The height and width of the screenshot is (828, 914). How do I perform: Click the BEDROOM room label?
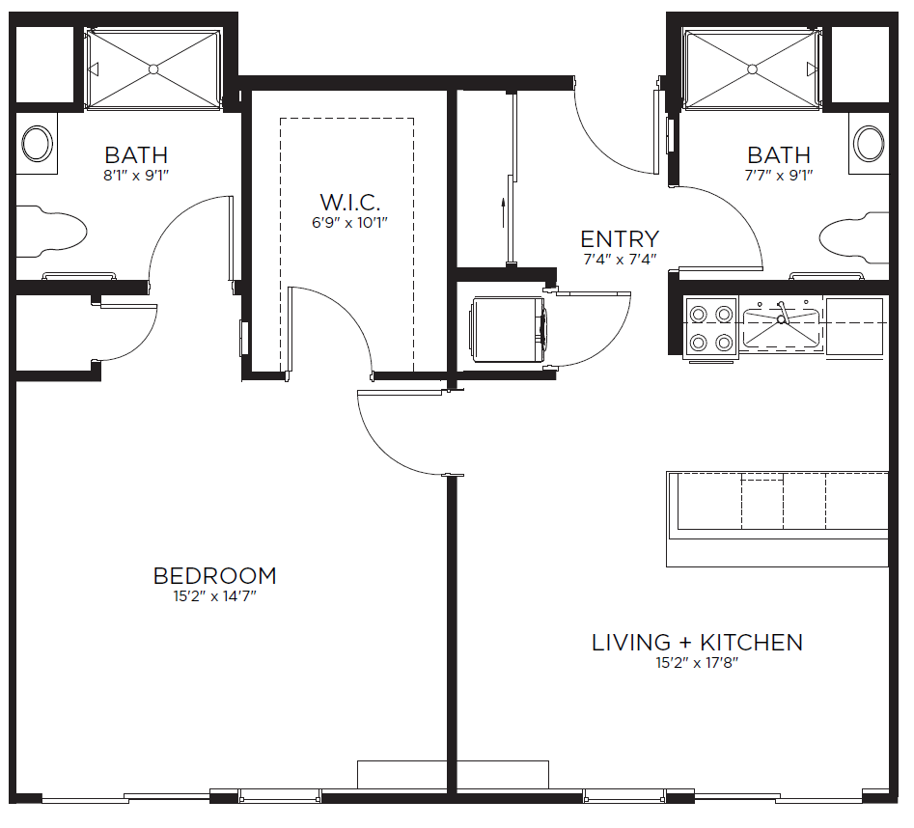[214, 576]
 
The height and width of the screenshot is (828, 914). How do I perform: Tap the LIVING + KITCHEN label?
[697, 642]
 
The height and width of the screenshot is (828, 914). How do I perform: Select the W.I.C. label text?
[349, 203]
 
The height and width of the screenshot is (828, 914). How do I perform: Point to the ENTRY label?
[620, 239]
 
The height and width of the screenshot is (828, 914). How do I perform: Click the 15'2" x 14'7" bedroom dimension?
[214, 596]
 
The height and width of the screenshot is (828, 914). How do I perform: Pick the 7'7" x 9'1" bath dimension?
[779, 175]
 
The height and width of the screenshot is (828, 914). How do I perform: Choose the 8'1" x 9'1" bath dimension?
[136, 175]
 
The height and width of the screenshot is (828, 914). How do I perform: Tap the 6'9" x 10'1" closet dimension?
[349, 223]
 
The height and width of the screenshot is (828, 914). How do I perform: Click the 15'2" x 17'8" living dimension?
[697, 663]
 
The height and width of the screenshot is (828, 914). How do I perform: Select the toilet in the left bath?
[51, 232]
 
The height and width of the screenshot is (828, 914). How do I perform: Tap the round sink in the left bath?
[38, 143]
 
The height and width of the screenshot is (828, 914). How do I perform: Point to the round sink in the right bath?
[869, 143]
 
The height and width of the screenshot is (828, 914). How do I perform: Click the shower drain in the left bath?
[153, 69]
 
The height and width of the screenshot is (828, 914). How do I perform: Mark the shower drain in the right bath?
[752, 69]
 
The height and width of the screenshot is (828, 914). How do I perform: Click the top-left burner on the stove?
[699, 315]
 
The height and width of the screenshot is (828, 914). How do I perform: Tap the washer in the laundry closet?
[509, 329]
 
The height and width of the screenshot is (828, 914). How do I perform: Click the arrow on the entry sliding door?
[503, 212]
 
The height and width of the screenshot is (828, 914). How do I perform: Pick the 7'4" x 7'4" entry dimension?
[620, 260]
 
